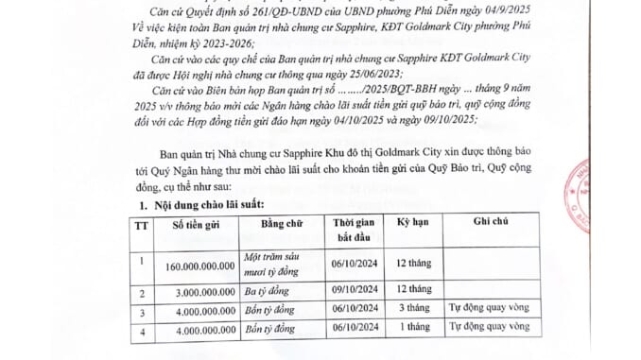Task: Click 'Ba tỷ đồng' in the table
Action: pos(268,290)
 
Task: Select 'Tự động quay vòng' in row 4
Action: pos(488,328)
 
